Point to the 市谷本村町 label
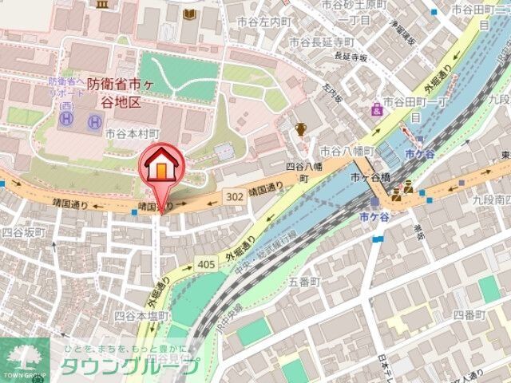point(133,134)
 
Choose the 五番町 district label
point(303,282)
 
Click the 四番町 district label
point(469,315)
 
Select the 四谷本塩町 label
point(141,316)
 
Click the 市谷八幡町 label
point(347,150)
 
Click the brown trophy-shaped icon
point(301,128)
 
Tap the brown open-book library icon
point(188,14)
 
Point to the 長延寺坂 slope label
point(351,57)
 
